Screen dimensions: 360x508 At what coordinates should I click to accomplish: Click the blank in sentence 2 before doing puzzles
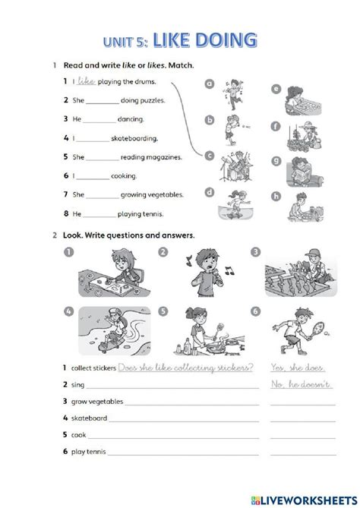[103, 101]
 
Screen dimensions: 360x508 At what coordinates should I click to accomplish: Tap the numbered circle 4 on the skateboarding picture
[68, 311]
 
